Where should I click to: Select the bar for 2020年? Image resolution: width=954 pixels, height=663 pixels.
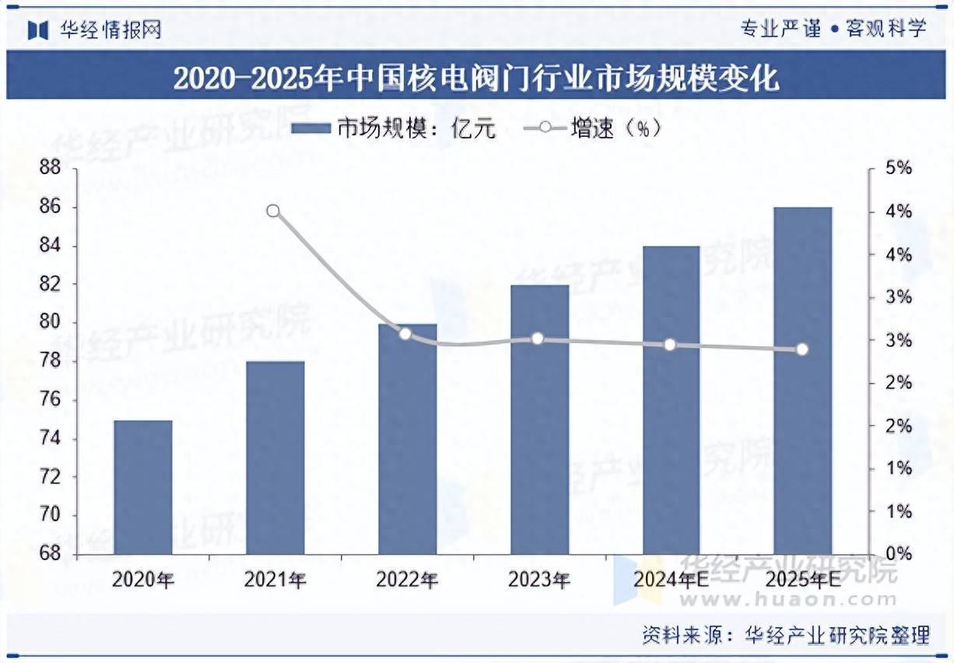click(x=143, y=487)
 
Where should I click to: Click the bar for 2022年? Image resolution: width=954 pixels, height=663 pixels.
click(x=408, y=439)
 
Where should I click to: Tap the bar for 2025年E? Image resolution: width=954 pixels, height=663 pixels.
click(x=802, y=381)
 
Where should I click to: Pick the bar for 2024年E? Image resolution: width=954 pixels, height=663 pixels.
click(x=671, y=400)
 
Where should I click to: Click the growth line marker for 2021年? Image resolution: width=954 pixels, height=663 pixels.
click(x=273, y=211)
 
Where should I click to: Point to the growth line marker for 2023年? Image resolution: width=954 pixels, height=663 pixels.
click(x=538, y=339)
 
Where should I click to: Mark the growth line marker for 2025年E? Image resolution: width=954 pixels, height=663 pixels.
click(x=802, y=349)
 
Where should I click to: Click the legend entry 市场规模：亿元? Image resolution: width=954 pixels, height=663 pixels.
click(x=394, y=128)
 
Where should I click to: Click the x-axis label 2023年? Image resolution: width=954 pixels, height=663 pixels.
click(x=538, y=580)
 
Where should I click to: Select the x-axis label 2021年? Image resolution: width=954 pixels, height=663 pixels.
click(x=274, y=580)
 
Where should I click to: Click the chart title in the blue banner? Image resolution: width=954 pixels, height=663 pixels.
click(x=476, y=79)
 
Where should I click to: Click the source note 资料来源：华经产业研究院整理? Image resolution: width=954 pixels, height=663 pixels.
click(x=786, y=635)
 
